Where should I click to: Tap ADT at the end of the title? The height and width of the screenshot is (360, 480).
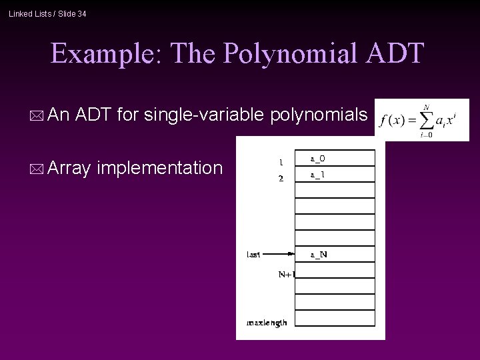click(394, 53)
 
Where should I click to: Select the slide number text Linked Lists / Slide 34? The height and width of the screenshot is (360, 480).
click(47, 13)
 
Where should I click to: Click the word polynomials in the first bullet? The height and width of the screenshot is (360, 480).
click(319, 115)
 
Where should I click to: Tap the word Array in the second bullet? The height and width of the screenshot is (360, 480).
click(69, 168)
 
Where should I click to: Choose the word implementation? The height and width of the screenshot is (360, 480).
click(159, 168)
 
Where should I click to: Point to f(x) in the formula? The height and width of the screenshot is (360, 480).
click(393, 121)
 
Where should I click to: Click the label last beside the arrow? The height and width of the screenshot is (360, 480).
click(254, 254)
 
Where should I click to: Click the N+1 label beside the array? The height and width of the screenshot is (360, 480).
click(286, 273)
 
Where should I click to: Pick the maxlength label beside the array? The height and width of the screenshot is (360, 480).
click(267, 322)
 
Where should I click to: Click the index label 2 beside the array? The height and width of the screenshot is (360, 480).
click(281, 178)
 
